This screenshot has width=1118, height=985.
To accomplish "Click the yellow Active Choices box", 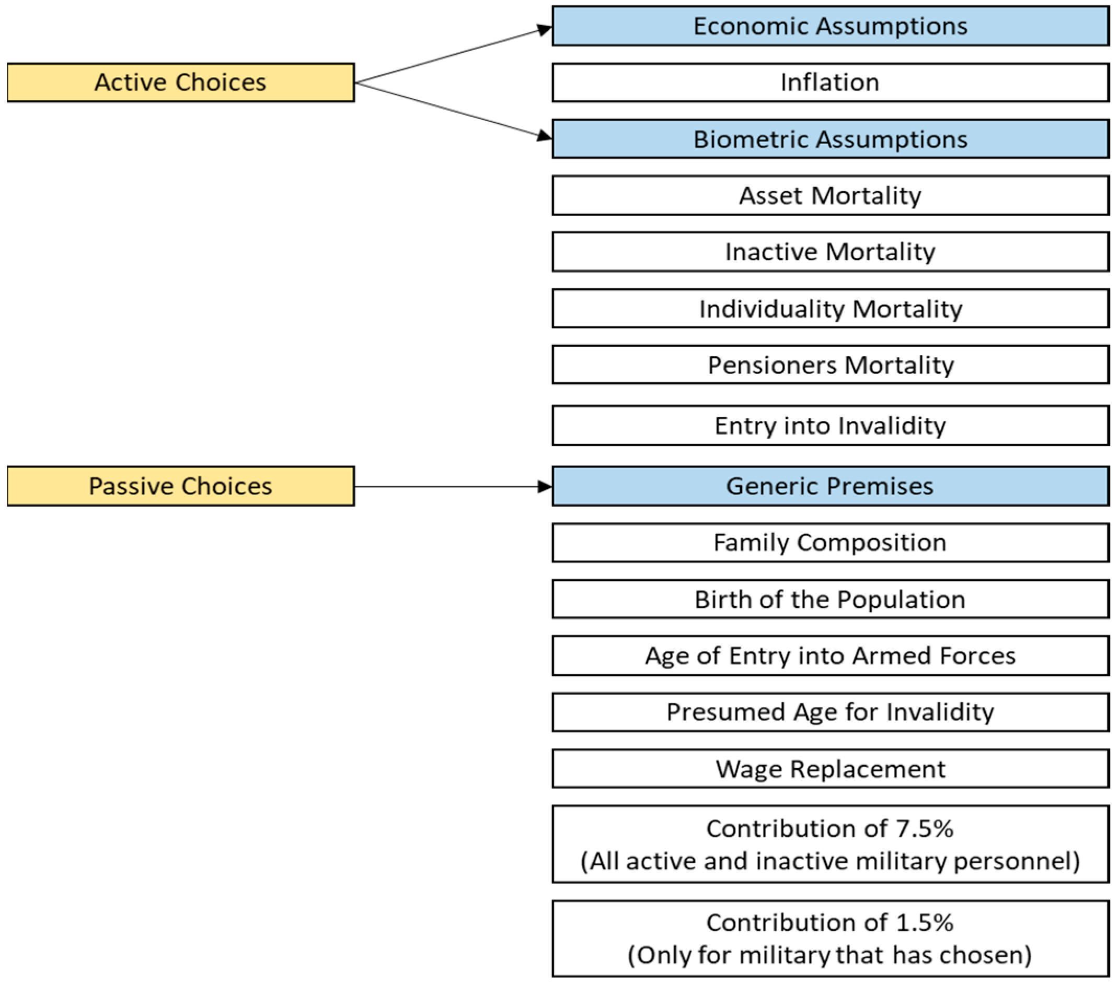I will coord(180,83).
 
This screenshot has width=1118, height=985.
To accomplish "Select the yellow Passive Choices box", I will coord(180,486).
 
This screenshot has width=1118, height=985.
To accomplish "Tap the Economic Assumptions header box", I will coord(830,26).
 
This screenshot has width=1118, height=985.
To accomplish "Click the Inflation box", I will coord(830,83).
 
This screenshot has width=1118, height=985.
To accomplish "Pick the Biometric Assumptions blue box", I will coord(830,139).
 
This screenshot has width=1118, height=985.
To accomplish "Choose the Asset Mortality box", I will coord(830,196).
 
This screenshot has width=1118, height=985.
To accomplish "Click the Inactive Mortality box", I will coord(830,252).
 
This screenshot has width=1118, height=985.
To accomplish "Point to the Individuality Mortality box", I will coord(830,309).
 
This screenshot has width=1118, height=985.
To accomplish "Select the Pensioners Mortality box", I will coord(830,365).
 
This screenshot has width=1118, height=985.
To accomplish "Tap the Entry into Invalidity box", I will coord(830,425).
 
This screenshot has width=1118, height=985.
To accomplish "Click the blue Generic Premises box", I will coord(830,486).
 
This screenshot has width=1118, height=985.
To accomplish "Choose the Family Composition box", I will coord(830,543).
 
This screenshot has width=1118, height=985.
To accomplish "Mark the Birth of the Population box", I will coord(830,599).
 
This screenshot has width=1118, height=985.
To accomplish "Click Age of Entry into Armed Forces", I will coord(830,655).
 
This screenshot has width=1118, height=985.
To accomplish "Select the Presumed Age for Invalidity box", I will coord(830,712).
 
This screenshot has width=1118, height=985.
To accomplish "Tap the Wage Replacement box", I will coord(830,769).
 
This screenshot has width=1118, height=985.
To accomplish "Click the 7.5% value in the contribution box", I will coord(924,829).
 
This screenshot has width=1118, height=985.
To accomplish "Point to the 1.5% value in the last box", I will coord(924,923).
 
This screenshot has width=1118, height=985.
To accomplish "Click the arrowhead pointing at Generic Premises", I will coord(544,486).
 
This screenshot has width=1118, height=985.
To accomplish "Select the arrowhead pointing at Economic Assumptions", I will coord(544,30).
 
